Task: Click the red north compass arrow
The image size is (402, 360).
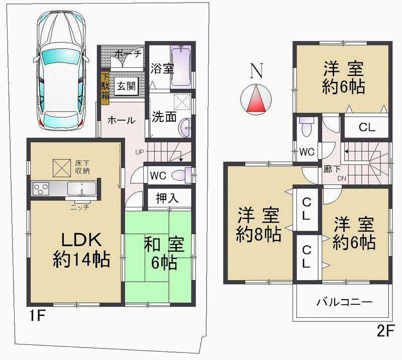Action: [x=256, y=98]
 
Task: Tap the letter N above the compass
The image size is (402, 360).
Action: [x=257, y=72]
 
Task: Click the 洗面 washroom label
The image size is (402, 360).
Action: [x=164, y=116]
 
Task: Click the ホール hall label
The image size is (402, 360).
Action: [x=121, y=121]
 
